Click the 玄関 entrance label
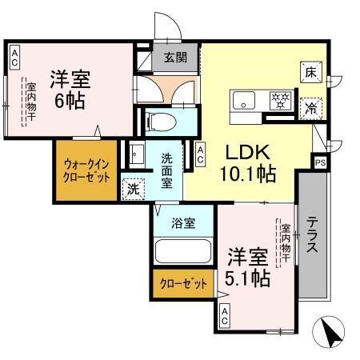(175, 57)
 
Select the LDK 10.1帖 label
(249, 162)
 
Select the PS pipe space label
(321, 162)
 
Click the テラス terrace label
(313, 234)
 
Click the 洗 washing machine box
(132, 189)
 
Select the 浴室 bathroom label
(184, 223)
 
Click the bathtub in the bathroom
(182, 254)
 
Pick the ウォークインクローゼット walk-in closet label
(86, 170)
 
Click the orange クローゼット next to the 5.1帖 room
(183, 283)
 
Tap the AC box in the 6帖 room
(14, 57)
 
